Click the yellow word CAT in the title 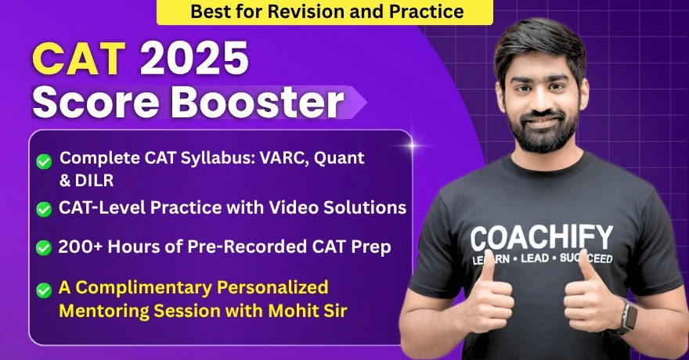pos(78,59)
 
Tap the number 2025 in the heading pos(194,59)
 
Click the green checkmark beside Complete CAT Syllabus pos(44,161)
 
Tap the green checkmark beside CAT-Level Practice pos(44,209)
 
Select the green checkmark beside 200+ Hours pos(44,247)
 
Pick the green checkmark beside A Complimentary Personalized pos(44,290)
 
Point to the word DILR pos(95,181)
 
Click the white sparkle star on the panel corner pos(413,145)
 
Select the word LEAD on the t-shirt pos(535,258)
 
